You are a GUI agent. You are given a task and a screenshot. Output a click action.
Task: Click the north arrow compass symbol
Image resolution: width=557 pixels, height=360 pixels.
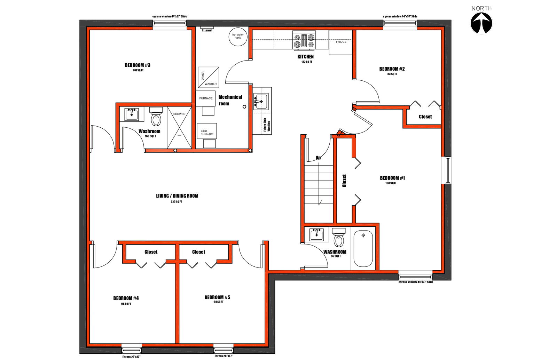482,24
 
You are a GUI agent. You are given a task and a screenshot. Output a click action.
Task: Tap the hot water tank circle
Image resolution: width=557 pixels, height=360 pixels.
238,36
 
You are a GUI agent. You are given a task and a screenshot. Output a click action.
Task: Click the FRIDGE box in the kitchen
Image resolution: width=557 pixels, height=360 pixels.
341,42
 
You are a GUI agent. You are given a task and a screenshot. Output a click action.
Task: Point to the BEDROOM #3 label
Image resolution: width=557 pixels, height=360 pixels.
138,65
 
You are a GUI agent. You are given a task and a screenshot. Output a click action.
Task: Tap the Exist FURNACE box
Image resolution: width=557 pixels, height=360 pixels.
207,131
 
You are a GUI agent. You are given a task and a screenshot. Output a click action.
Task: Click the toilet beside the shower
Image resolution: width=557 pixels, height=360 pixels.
156,118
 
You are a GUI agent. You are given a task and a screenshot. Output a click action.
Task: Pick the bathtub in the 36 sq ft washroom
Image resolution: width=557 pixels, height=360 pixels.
363,248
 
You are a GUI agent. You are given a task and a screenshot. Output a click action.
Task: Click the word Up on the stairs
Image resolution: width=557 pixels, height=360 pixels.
318,158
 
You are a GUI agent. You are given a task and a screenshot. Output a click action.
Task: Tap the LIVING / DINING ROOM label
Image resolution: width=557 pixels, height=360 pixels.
177,196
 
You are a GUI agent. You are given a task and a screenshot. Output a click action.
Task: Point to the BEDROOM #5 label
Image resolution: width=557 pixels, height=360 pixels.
217,297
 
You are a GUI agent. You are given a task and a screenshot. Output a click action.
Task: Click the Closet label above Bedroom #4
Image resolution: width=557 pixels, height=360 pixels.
151,252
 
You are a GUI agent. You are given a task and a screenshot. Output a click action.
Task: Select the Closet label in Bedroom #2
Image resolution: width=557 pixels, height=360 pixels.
425,117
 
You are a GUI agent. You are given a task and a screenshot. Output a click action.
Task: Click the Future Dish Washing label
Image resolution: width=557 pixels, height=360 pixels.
267,125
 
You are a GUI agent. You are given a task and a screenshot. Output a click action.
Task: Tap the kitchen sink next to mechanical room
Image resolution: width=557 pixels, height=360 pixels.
261,101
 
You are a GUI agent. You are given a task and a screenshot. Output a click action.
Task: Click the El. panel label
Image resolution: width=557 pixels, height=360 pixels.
207,31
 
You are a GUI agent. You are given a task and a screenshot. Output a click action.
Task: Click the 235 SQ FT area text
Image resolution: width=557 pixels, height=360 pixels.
176,202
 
